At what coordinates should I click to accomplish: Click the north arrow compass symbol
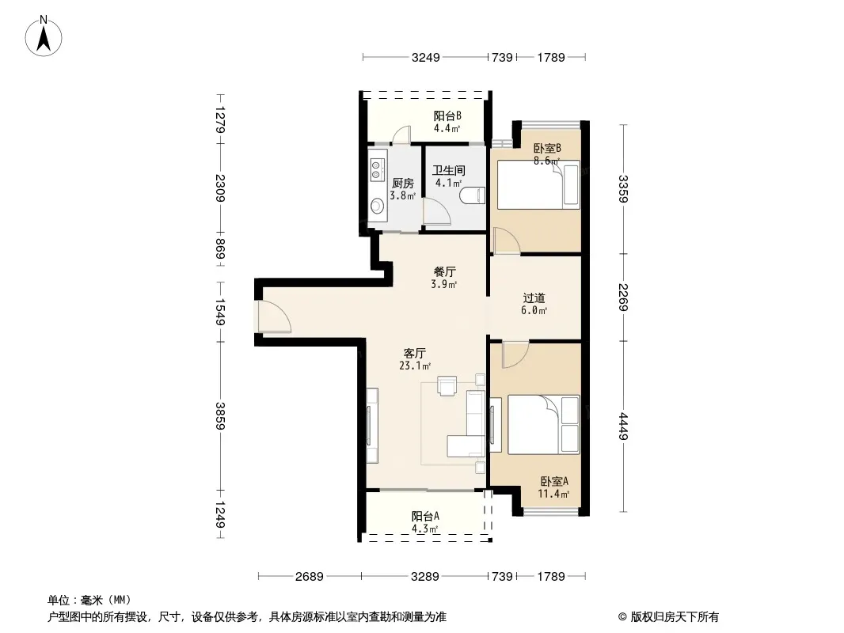(x=44, y=36)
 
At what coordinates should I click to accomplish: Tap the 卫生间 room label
(x=448, y=170)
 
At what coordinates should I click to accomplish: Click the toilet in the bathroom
(x=473, y=195)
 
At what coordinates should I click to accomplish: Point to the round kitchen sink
(x=378, y=205)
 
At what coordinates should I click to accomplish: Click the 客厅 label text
(x=414, y=354)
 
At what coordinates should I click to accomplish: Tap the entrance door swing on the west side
(x=274, y=316)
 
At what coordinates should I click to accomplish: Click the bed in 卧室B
(x=538, y=184)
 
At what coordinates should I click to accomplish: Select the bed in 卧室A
(x=544, y=424)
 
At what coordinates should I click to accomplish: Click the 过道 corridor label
(x=534, y=298)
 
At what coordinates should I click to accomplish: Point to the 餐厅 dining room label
(x=444, y=271)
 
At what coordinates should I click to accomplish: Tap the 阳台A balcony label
(x=425, y=517)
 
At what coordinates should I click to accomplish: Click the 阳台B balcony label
(x=447, y=116)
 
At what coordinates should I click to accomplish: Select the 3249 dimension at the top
(x=426, y=57)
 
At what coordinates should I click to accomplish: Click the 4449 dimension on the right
(x=623, y=426)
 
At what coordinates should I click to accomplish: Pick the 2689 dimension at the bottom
(x=310, y=577)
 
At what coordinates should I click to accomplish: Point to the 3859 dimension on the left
(x=219, y=415)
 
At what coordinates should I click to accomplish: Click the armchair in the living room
(x=447, y=385)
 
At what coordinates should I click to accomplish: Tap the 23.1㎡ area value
(x=414, y=366)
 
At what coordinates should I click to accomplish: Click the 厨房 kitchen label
(x=403, y=184)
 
